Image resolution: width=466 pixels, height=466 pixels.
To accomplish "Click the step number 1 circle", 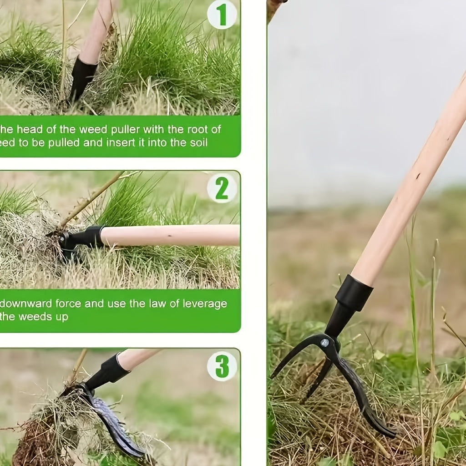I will click(x=222, y=15).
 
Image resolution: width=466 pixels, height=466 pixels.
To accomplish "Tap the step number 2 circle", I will click(x=222, y=188).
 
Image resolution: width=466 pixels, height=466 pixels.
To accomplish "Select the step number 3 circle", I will click(x=222, y=366).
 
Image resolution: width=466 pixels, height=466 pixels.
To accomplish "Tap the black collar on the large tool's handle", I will click(x=354, y=293).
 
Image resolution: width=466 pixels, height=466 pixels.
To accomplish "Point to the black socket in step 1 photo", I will click(x=82, y=77).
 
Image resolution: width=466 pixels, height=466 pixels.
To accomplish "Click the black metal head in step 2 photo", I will click(x=80, y=239).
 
